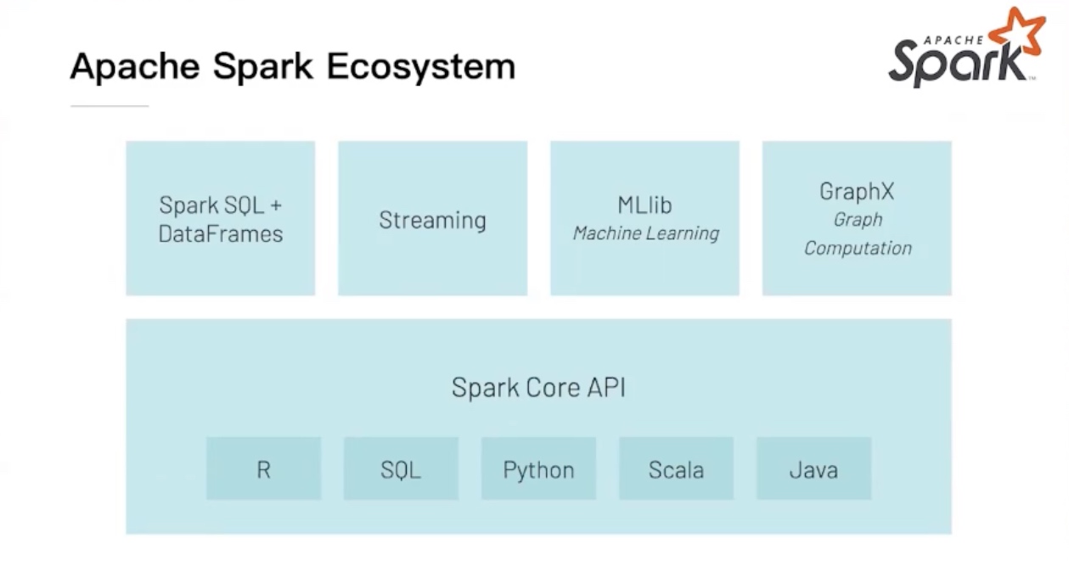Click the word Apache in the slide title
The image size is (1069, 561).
[135, 66]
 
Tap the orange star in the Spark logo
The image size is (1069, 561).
[1018, 31]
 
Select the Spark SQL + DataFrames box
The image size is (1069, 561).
[221, 218]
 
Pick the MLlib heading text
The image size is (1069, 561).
[645, 205]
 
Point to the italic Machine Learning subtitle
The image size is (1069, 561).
[645, 233]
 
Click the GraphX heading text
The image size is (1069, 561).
[857, 192]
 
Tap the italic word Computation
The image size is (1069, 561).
[858, 248]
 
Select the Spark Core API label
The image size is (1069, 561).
[538, 388]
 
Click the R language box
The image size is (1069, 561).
[263, 469]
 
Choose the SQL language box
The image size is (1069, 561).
[401, 469]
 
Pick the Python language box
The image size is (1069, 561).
[538, 469]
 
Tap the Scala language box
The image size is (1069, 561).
[676, 469]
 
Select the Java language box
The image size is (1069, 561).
[813, 469]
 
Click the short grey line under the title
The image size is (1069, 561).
[110, 106]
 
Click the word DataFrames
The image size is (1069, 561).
[221, 234]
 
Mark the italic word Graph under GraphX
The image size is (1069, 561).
[858, 220]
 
